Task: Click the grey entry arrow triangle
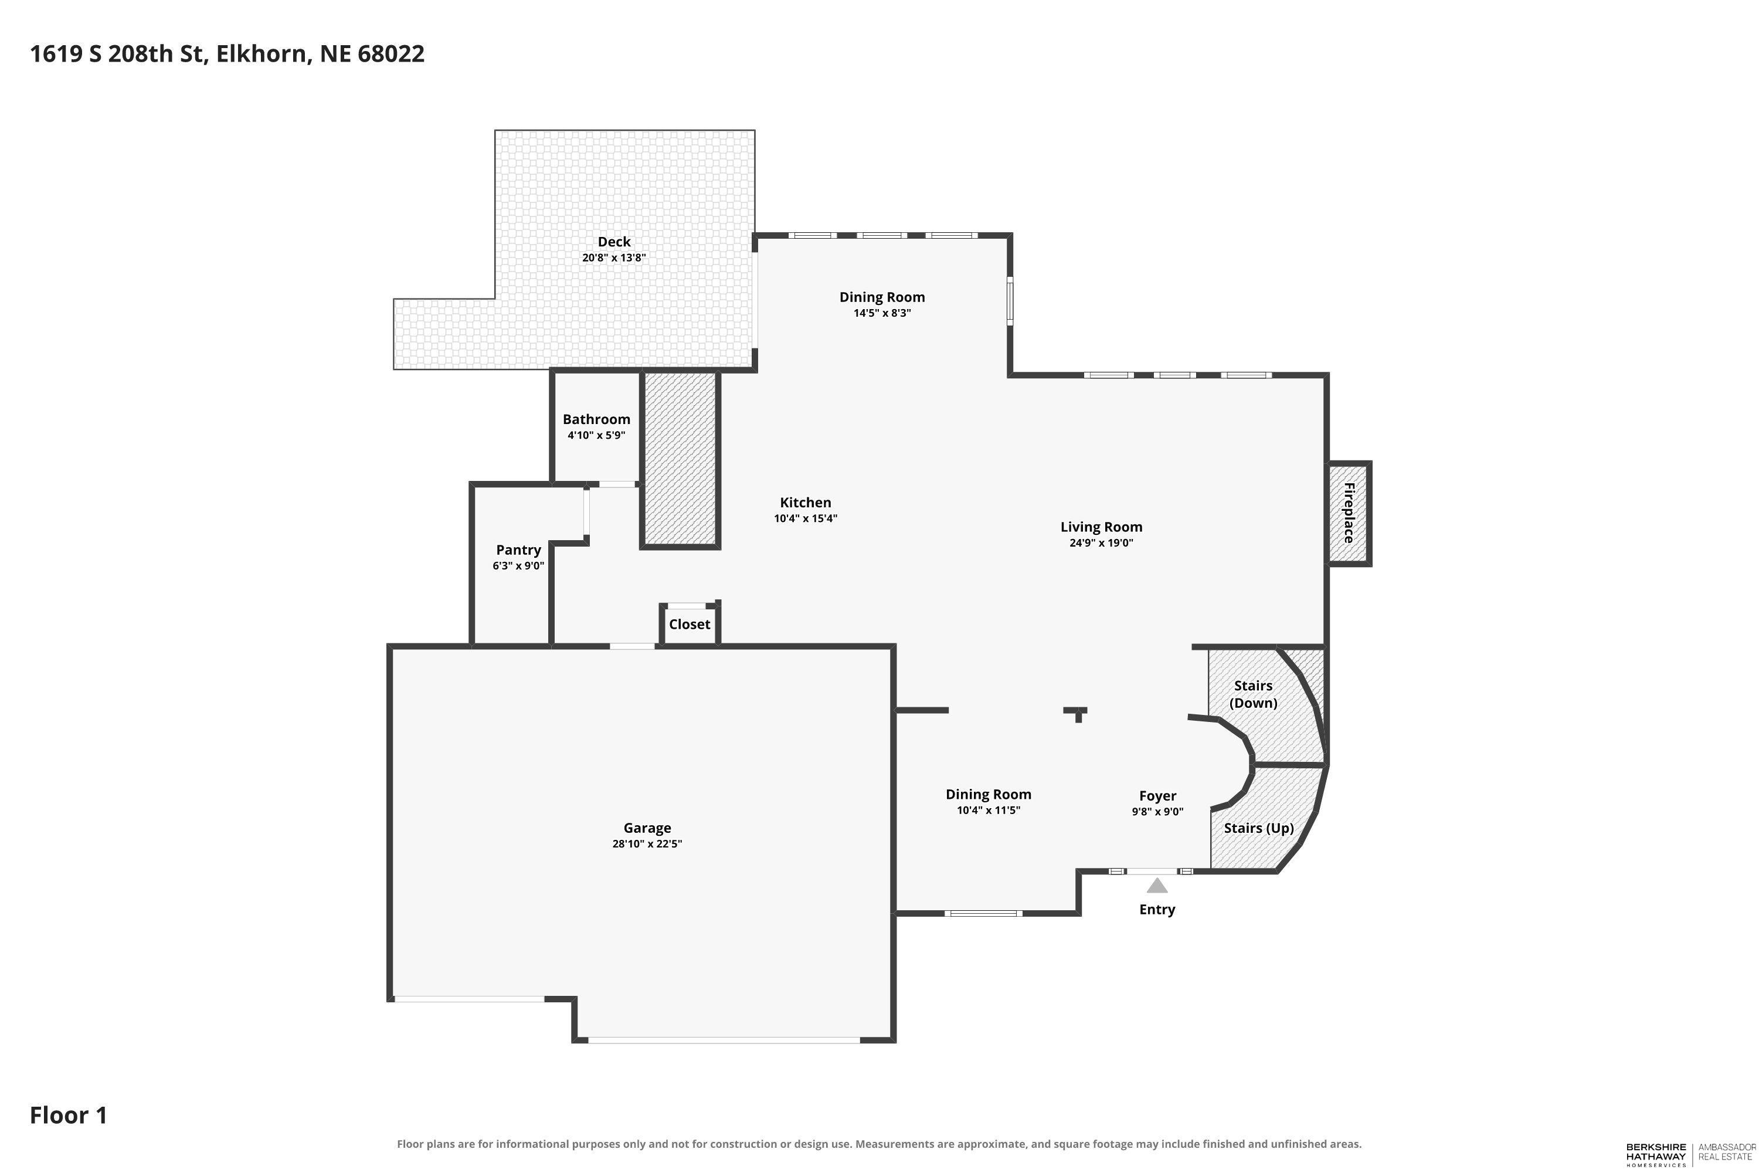(x=1157, y=886)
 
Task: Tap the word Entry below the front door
(x=1157, y=910)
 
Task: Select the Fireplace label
(x=1349, y=513)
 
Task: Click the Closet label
(x=690, y=624)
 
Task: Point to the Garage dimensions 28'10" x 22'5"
(x=647, y=844)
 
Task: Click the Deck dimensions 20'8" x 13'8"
(x=614, y=257)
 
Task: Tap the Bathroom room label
(x=597, y=419)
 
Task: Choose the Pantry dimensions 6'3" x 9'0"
(x=518, y=565)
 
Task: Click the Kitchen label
(x=806, y=503)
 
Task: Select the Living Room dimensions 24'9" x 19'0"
(x=1101, y=543)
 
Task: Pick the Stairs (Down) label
(x=1254, y=694)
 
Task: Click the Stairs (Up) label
(x=1259, y=828)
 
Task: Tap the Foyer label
(x=1157, y=796)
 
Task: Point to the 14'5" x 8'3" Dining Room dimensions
(x=882, y=313)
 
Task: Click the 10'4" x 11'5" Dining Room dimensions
(x=989, y=810)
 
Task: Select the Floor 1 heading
(x=69, y=1116)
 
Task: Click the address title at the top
(x=227, y=54)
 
